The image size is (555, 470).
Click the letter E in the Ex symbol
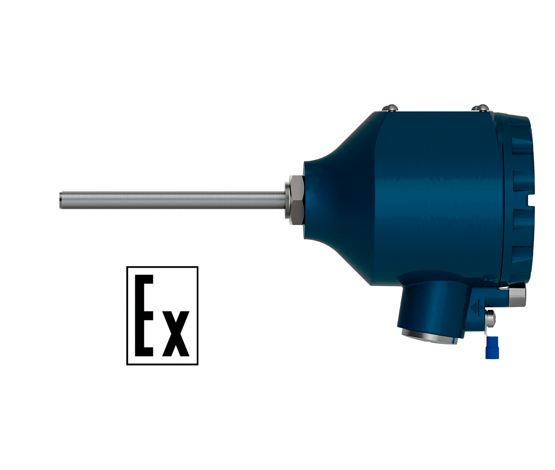pyautogui.click(x=144, y=316)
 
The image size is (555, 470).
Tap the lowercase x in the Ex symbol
pyautogui.click(x=176, y=334)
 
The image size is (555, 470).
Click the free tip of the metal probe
pyautogui.click(x=60, y=201)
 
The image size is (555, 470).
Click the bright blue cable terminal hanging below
pyautogui.click(x=492, y=348)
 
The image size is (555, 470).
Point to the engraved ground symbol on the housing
pyautogui.click(x=476, y=306)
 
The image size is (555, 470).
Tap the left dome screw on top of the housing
pyautogui.click(x=391, y=107)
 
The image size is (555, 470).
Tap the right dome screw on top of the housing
pyautogui.click(x=482, y=107)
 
